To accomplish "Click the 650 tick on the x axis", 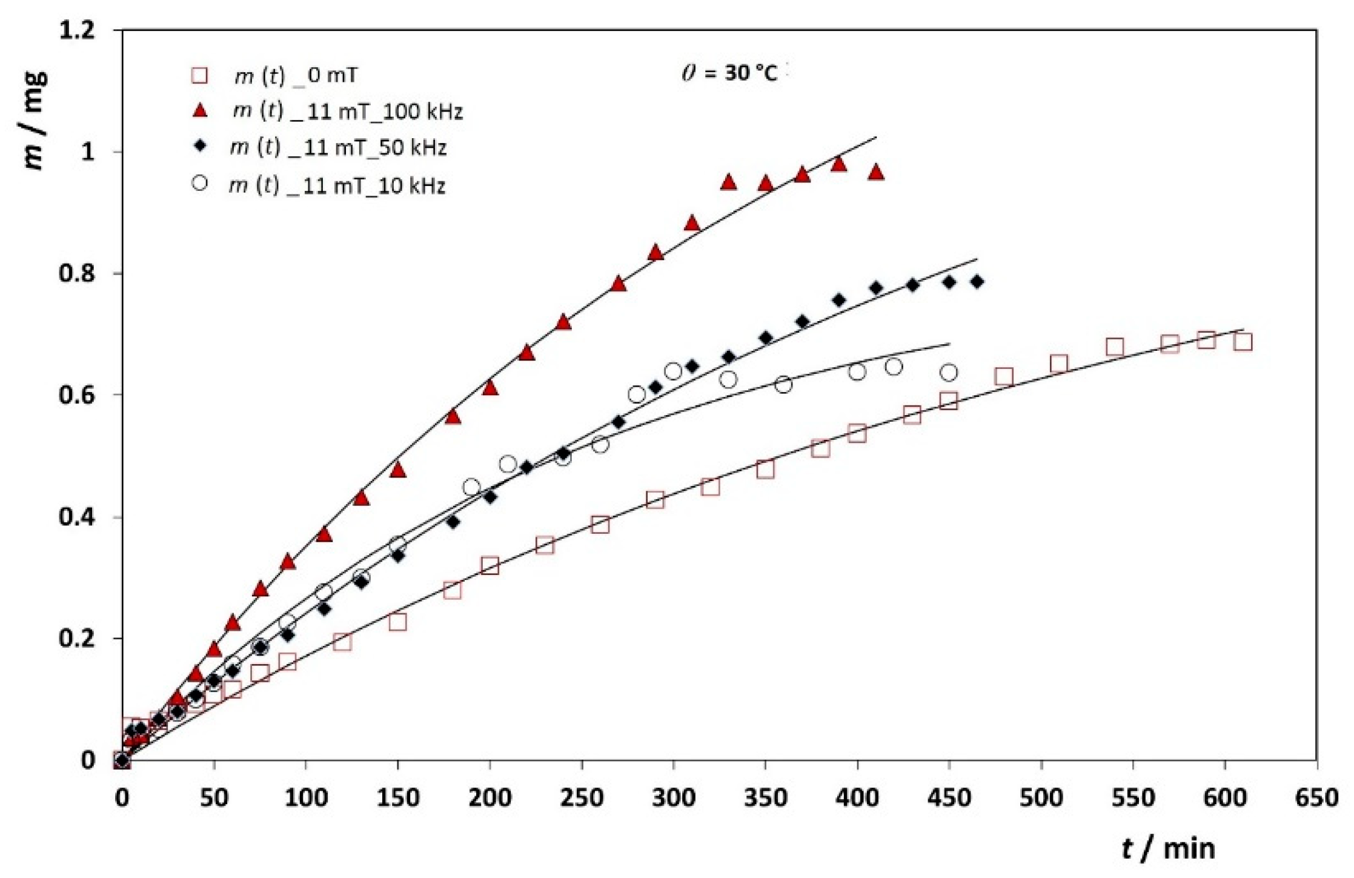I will (x=1316, y=797).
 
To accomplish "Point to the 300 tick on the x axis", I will (x=674, y=797).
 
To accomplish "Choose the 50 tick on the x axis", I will (x=214, y=797).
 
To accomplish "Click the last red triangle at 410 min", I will (x=876, y=173).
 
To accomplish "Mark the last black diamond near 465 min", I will (x=977, y=282).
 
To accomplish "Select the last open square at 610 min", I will (x=1243, y=342).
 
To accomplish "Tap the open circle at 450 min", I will (x=949, y=373).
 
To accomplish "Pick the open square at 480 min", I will (x=1004, y=377).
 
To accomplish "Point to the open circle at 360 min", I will (x=783, y=385).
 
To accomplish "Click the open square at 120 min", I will (x=342, y=642).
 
